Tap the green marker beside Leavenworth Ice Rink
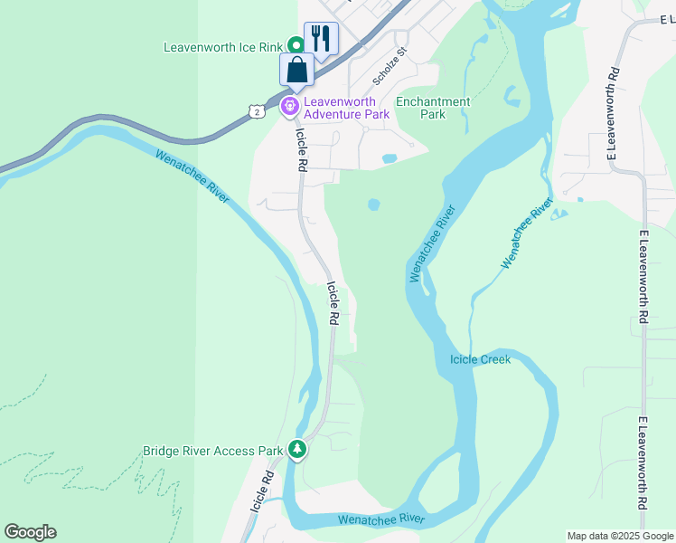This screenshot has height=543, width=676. pos(296,44)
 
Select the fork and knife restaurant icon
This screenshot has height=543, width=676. pos(321,38)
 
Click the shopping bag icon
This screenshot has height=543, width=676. pos(297,70)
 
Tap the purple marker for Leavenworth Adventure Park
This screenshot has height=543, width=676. pos(290,107)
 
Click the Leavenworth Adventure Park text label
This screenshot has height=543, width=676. pos(347,108)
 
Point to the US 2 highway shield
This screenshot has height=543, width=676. pos(259,110)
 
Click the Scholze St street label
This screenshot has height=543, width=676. pos(391,67)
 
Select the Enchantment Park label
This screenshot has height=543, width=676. pos(433,109)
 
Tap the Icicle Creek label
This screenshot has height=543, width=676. pos(481,360)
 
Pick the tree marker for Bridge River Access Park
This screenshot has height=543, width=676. pos(296,450)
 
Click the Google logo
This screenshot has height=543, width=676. pos(30,532)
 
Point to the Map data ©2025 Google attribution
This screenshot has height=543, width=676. pos(620,536)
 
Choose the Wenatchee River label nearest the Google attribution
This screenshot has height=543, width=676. pos(381,519)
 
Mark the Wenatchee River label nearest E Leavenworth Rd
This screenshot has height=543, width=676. pos(527,234)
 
